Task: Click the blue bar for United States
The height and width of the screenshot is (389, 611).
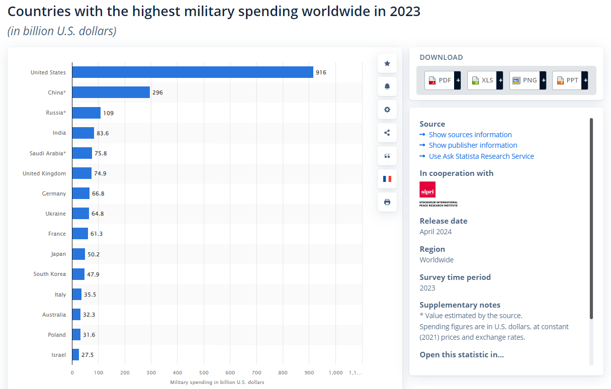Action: coord(193,72)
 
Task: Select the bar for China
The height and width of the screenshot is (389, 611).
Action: coord(111,92)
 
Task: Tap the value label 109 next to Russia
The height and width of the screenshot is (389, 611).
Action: coord(108,113)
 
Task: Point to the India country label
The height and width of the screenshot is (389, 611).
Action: coord(59,133)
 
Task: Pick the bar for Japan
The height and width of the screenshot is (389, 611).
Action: coord(78,254)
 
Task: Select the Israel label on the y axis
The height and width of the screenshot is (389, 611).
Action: coord(58,355)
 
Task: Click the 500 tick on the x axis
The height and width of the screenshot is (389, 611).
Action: coord(204,372)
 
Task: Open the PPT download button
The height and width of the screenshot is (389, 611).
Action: coord(567,80)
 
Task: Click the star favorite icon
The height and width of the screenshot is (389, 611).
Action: coord(387,63)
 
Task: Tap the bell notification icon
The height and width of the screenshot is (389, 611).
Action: coord(387,86)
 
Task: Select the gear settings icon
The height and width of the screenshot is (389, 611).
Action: coord(387,110)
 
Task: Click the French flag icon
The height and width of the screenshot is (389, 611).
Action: coord(387,179)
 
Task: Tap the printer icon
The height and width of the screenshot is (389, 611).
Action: coord(387,202)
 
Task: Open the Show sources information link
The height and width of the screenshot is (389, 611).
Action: coord(470,135)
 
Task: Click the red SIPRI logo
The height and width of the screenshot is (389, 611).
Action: coord(427,189)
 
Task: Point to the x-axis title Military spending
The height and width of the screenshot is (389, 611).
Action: coord(217,382)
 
